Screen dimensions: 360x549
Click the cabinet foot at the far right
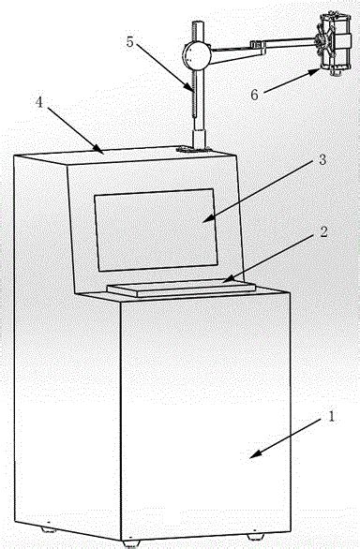point(254,537)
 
